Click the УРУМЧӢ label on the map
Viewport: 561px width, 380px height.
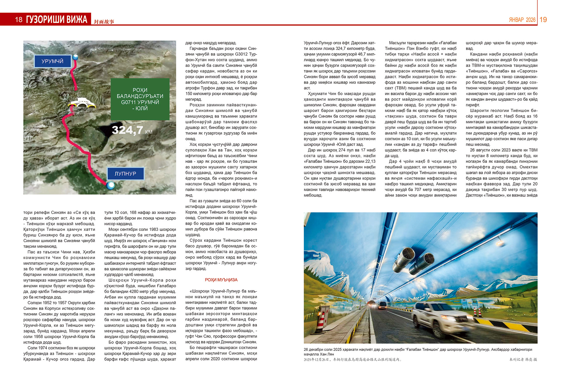click(53, 61)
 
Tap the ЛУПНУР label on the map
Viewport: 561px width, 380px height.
click(125, 174)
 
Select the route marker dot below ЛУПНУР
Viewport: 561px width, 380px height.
click(111, 185)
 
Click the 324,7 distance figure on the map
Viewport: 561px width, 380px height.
click(128, 130)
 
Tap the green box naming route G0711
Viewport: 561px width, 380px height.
click(140, 99)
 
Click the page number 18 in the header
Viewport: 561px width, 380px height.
click(19, 20)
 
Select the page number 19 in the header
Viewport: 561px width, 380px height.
click(543, 20)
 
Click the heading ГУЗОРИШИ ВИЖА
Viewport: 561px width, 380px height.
click(57, 20)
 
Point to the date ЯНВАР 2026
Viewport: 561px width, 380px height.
click(522, 20)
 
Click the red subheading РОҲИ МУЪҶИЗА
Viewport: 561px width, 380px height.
click(221, 280)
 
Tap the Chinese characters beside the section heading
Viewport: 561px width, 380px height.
click(104, 22)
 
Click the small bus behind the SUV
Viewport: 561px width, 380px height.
click(382, 305)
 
